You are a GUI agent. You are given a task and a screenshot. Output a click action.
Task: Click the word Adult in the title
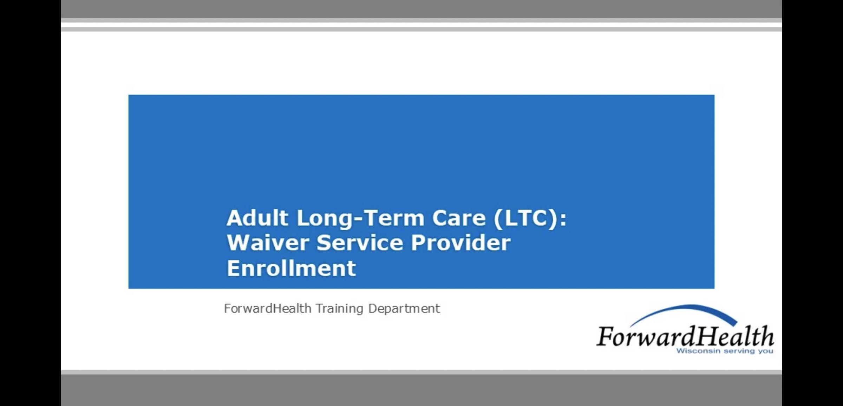pos(257,218)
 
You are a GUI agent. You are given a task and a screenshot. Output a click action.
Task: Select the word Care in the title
pos(459,218)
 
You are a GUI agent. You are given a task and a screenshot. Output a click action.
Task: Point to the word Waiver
pos(268,243)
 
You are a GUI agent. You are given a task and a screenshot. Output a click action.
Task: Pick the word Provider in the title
pos(460,243)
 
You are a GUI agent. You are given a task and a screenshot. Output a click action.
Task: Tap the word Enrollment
pos(291,268)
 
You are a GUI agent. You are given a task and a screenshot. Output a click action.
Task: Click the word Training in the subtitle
pos(339,309)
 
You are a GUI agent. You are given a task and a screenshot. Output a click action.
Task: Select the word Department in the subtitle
pos(404,309)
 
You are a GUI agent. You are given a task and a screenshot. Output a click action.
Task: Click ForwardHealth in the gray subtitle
pos(268,309)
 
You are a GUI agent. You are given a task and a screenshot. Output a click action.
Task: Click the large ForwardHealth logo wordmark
pos(685,336)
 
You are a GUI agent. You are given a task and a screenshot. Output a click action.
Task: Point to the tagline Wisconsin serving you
pos(725,351)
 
